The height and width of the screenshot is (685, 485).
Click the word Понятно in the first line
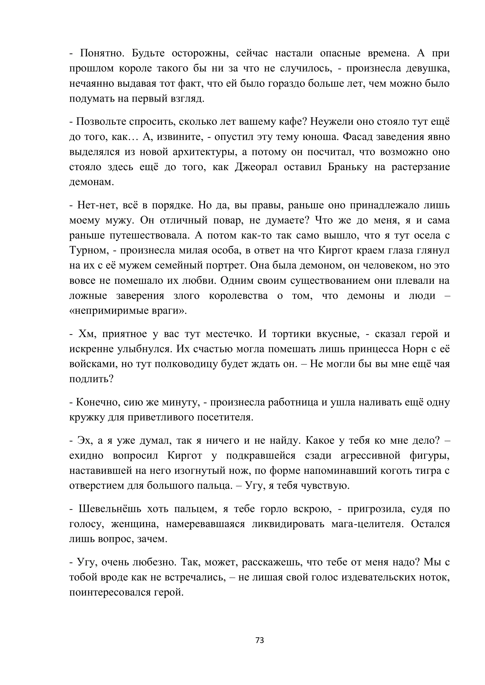click(x=101, y=53)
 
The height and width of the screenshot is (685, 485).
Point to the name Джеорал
click(x=256, y=167)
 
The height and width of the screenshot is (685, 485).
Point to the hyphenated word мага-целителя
click(x=367, y=524)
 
